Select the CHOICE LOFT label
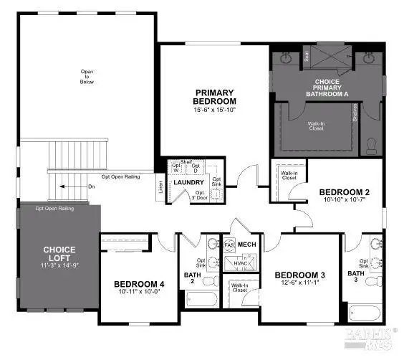tap(59, 254)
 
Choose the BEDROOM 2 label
tap(344, 192)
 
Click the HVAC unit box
tap(238, 265)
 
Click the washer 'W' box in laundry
tap(175, 169)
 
